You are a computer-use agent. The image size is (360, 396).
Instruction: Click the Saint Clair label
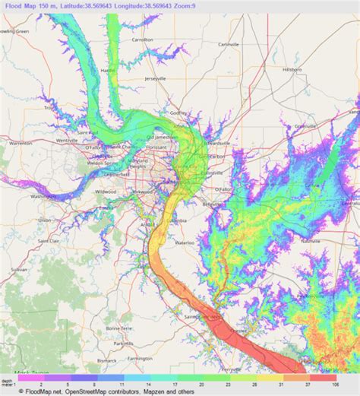pyautogui.click(x=49, y=240)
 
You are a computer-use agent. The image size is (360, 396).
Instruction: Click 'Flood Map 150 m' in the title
pyautogui.click(x=36, y=5)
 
